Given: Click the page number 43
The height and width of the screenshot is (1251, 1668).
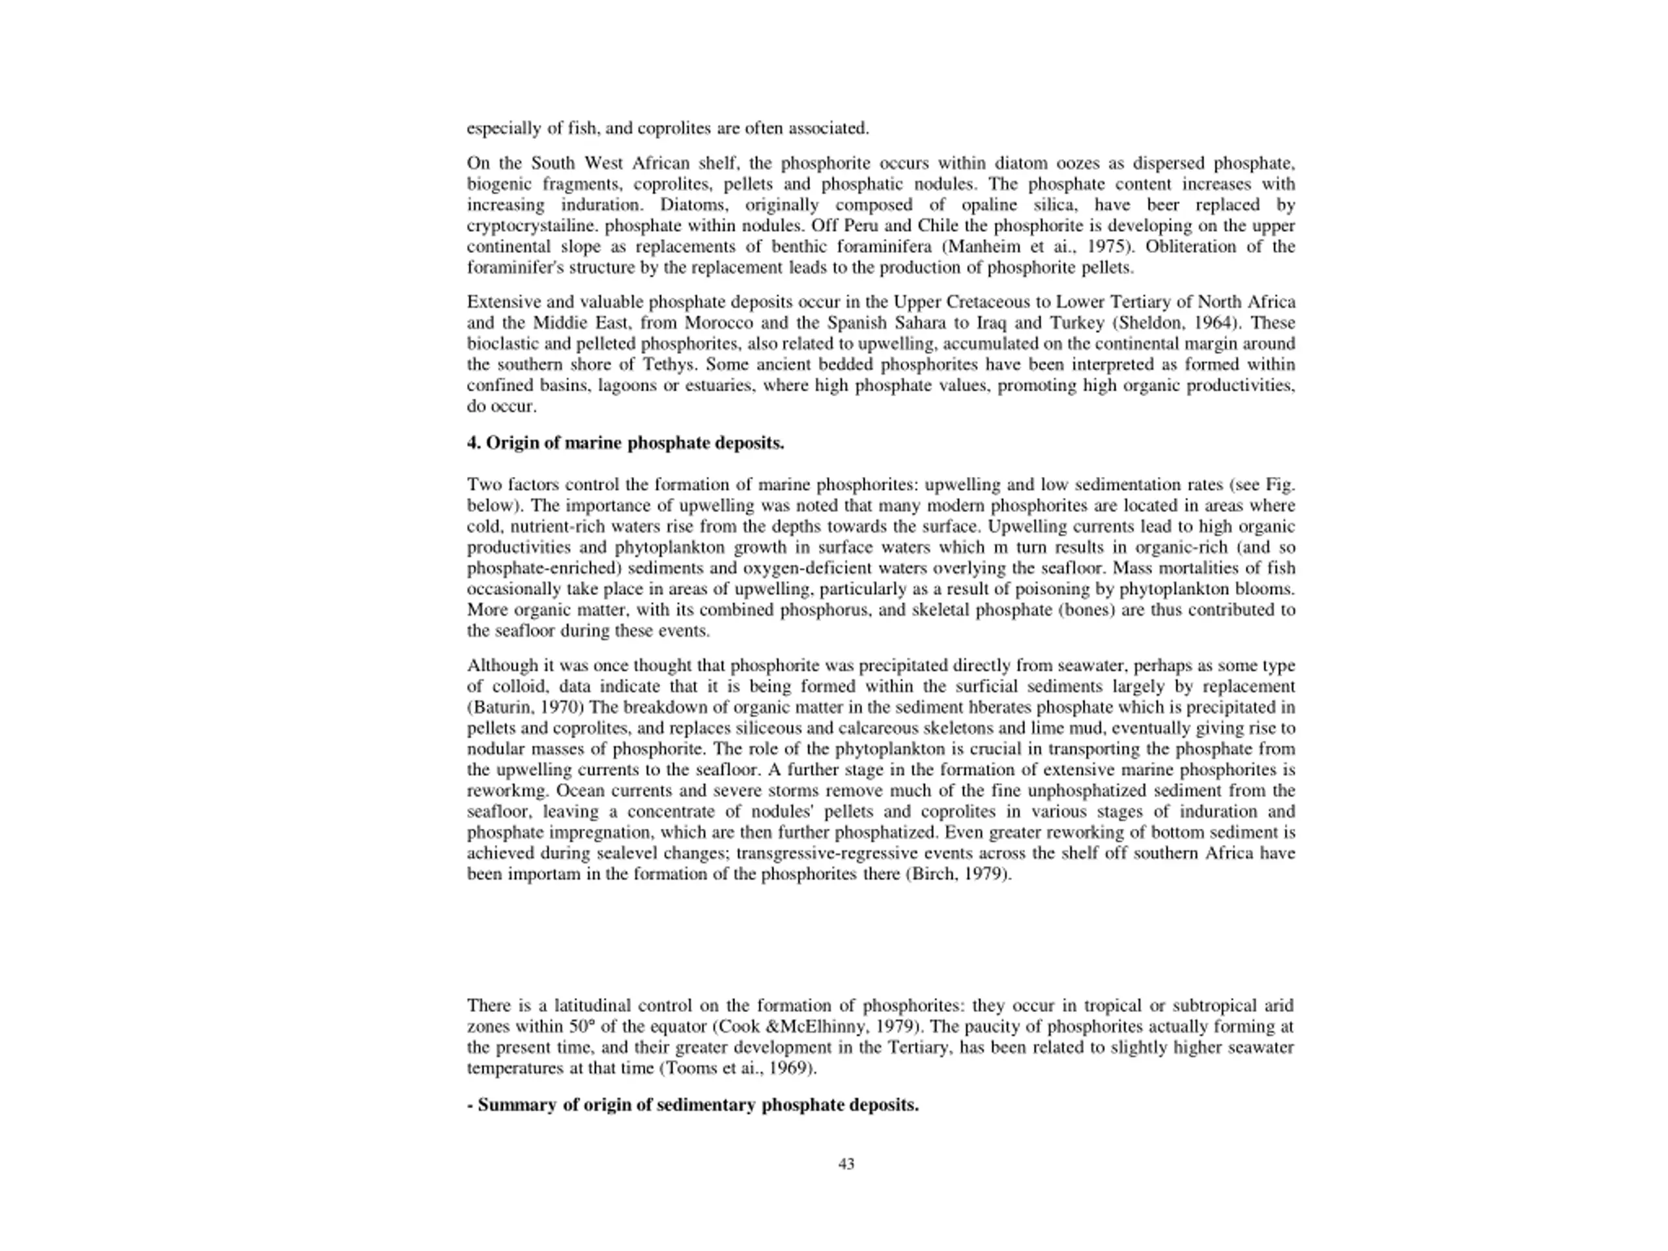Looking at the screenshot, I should coord(846,1164).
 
